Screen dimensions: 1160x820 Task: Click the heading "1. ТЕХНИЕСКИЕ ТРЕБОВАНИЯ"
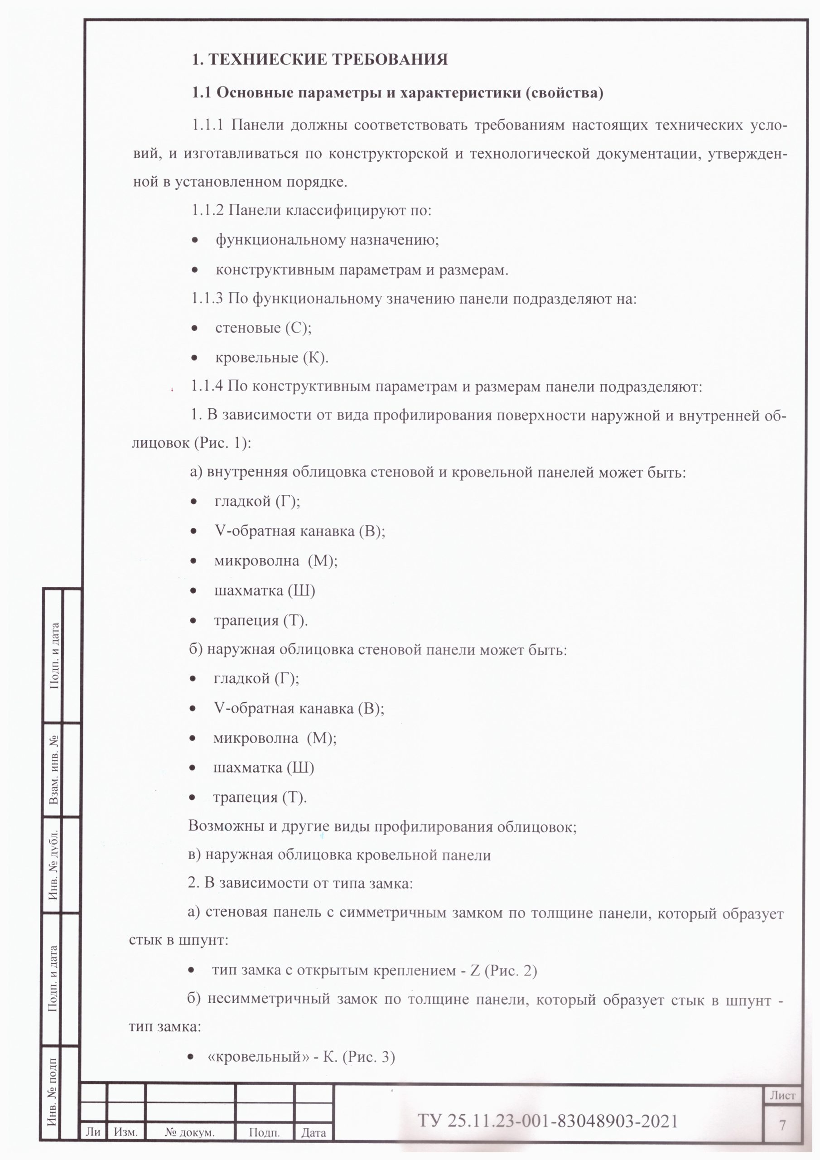point(319,60)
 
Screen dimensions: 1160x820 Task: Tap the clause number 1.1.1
point(207,125)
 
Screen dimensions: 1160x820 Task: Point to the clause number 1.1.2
point(207,210)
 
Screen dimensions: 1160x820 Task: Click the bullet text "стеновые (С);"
point(263,328)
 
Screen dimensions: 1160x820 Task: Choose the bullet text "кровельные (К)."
point(272,358)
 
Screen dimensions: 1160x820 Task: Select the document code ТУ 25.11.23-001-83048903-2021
point(547,1121)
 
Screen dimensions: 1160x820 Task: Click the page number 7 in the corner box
point(782,1125)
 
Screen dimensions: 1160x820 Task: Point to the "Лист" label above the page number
point(782,1095)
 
